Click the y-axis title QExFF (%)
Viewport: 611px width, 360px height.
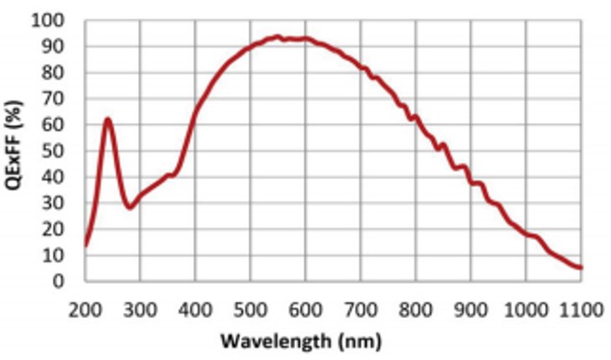(x=18, y=148)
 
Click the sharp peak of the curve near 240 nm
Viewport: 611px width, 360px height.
(x=107, y=120)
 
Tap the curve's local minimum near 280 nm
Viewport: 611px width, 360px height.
(x=130, y=207)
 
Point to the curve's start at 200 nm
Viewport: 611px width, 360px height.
(x=85, y=245)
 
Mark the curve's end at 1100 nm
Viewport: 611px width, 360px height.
(x=580, y=268)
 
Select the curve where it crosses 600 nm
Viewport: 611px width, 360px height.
(x=306, y=39)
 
